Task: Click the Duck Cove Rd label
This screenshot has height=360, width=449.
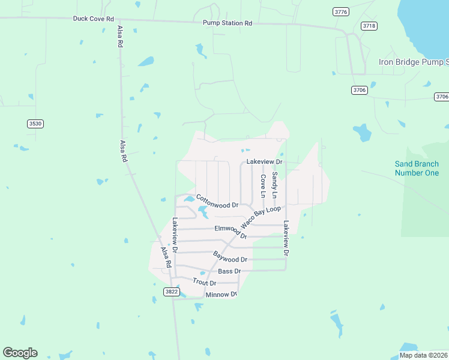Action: coord(93,19)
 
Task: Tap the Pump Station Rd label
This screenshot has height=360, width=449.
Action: coord(227,23)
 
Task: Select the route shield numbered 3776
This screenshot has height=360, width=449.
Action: coord(342,11)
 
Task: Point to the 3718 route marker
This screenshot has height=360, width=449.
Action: coord(369,26)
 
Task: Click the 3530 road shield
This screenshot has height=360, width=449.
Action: coord(35,124)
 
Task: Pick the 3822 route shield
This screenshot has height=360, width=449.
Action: coord(171,292)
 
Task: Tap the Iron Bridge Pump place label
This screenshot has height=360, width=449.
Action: coord(413,62)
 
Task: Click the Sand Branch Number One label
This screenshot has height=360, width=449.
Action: coord(417,169)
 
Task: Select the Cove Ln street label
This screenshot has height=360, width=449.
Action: coord(263,186)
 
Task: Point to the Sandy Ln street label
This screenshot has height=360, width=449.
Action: coord(274,185)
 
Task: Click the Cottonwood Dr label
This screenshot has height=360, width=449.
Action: coord(217,201)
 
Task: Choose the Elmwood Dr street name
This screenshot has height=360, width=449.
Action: coord(231,231)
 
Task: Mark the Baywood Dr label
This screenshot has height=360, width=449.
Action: coord(230,256)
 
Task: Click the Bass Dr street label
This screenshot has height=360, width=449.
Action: coord(229,271)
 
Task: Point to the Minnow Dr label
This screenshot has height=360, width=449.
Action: coord(221,295)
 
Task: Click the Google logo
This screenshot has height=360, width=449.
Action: coord(20,353)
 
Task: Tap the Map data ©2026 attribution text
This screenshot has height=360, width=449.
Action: coord(424,355)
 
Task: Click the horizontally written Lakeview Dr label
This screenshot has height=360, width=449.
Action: coord(264,163)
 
